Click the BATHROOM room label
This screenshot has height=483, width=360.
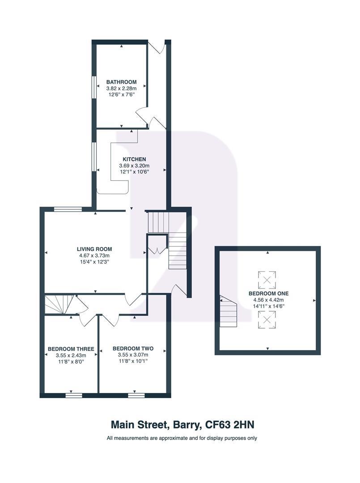pos(121,82)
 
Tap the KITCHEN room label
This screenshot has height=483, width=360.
pos(134,159)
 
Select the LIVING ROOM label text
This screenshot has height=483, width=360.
pos(94,249)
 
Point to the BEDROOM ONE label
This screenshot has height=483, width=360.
pos(268,293)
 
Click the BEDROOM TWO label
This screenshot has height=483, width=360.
pos(133,349)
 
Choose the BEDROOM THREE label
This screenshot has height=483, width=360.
pos(71,349)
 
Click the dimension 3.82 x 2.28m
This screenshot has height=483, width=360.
pos(121,89)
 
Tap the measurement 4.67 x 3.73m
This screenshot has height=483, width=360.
pos(94,256)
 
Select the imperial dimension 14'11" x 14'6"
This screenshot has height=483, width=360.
pos(268,306)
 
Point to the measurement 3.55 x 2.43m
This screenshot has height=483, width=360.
pos(71,355)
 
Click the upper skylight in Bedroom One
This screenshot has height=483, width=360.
pos(267,280)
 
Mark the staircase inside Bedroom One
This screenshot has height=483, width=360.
pos(228,311)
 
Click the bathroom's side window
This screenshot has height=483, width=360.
pos(94,87)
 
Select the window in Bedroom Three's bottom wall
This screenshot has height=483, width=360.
pos(74,395)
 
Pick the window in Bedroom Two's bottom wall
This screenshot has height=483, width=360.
pos(136,395)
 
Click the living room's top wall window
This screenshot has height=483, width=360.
pos(68,209)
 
